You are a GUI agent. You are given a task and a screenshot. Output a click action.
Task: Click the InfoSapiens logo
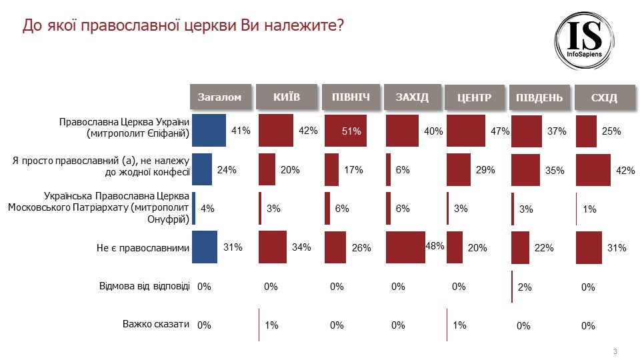[587, 39]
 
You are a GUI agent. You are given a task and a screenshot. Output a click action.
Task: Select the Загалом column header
[219, 97]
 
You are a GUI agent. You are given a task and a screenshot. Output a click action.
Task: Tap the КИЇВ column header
[287, 97]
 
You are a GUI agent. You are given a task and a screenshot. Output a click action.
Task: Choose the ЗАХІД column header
[411, 97]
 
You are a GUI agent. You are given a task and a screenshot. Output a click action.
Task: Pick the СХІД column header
[604, 98]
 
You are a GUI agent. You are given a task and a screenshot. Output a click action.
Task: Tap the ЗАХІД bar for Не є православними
[405, 247]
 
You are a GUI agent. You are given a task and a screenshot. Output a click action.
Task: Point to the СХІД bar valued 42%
[593, 169]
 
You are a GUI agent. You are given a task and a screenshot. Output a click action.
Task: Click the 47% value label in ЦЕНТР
[500, 131]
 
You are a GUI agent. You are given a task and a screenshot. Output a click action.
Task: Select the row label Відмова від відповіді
[145, 286]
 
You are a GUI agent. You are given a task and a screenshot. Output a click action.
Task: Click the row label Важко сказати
[156, 325]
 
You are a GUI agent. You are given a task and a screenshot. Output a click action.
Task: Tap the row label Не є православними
[143, 248]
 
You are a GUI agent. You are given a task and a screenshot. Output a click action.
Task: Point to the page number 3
[615, 351]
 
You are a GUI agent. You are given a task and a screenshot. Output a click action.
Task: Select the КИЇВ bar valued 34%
[272, 247]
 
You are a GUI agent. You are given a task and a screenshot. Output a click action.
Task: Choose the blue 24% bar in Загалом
[202, 169]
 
